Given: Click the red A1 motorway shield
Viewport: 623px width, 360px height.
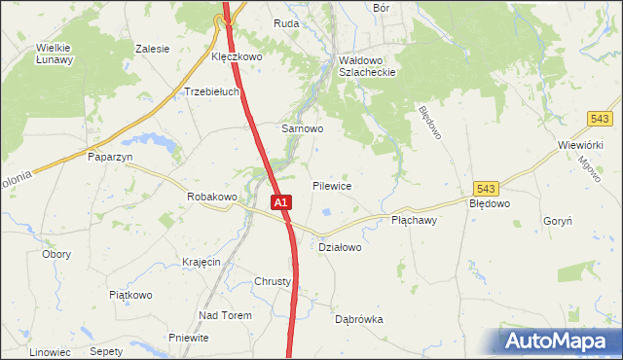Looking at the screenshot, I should [279, 202].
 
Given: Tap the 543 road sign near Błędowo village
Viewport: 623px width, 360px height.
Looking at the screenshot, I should [488, 188].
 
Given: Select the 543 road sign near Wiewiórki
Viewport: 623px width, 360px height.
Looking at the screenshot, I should [599, 118].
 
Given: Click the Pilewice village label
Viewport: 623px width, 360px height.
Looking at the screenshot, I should [332, 185].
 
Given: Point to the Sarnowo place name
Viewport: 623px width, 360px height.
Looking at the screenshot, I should [302, 127].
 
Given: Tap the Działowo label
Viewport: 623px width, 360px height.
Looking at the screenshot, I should [341, 247].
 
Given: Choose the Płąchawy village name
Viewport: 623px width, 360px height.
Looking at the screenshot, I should [414, 221].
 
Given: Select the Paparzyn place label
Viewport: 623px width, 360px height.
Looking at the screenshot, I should [110, 156].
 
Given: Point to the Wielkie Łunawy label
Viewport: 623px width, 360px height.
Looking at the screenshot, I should [55, 53].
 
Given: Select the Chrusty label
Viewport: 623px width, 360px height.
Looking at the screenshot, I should [273, 282].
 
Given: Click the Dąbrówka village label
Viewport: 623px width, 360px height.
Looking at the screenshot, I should [359, 319].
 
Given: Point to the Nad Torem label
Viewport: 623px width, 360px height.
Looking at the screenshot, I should [225, 315].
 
